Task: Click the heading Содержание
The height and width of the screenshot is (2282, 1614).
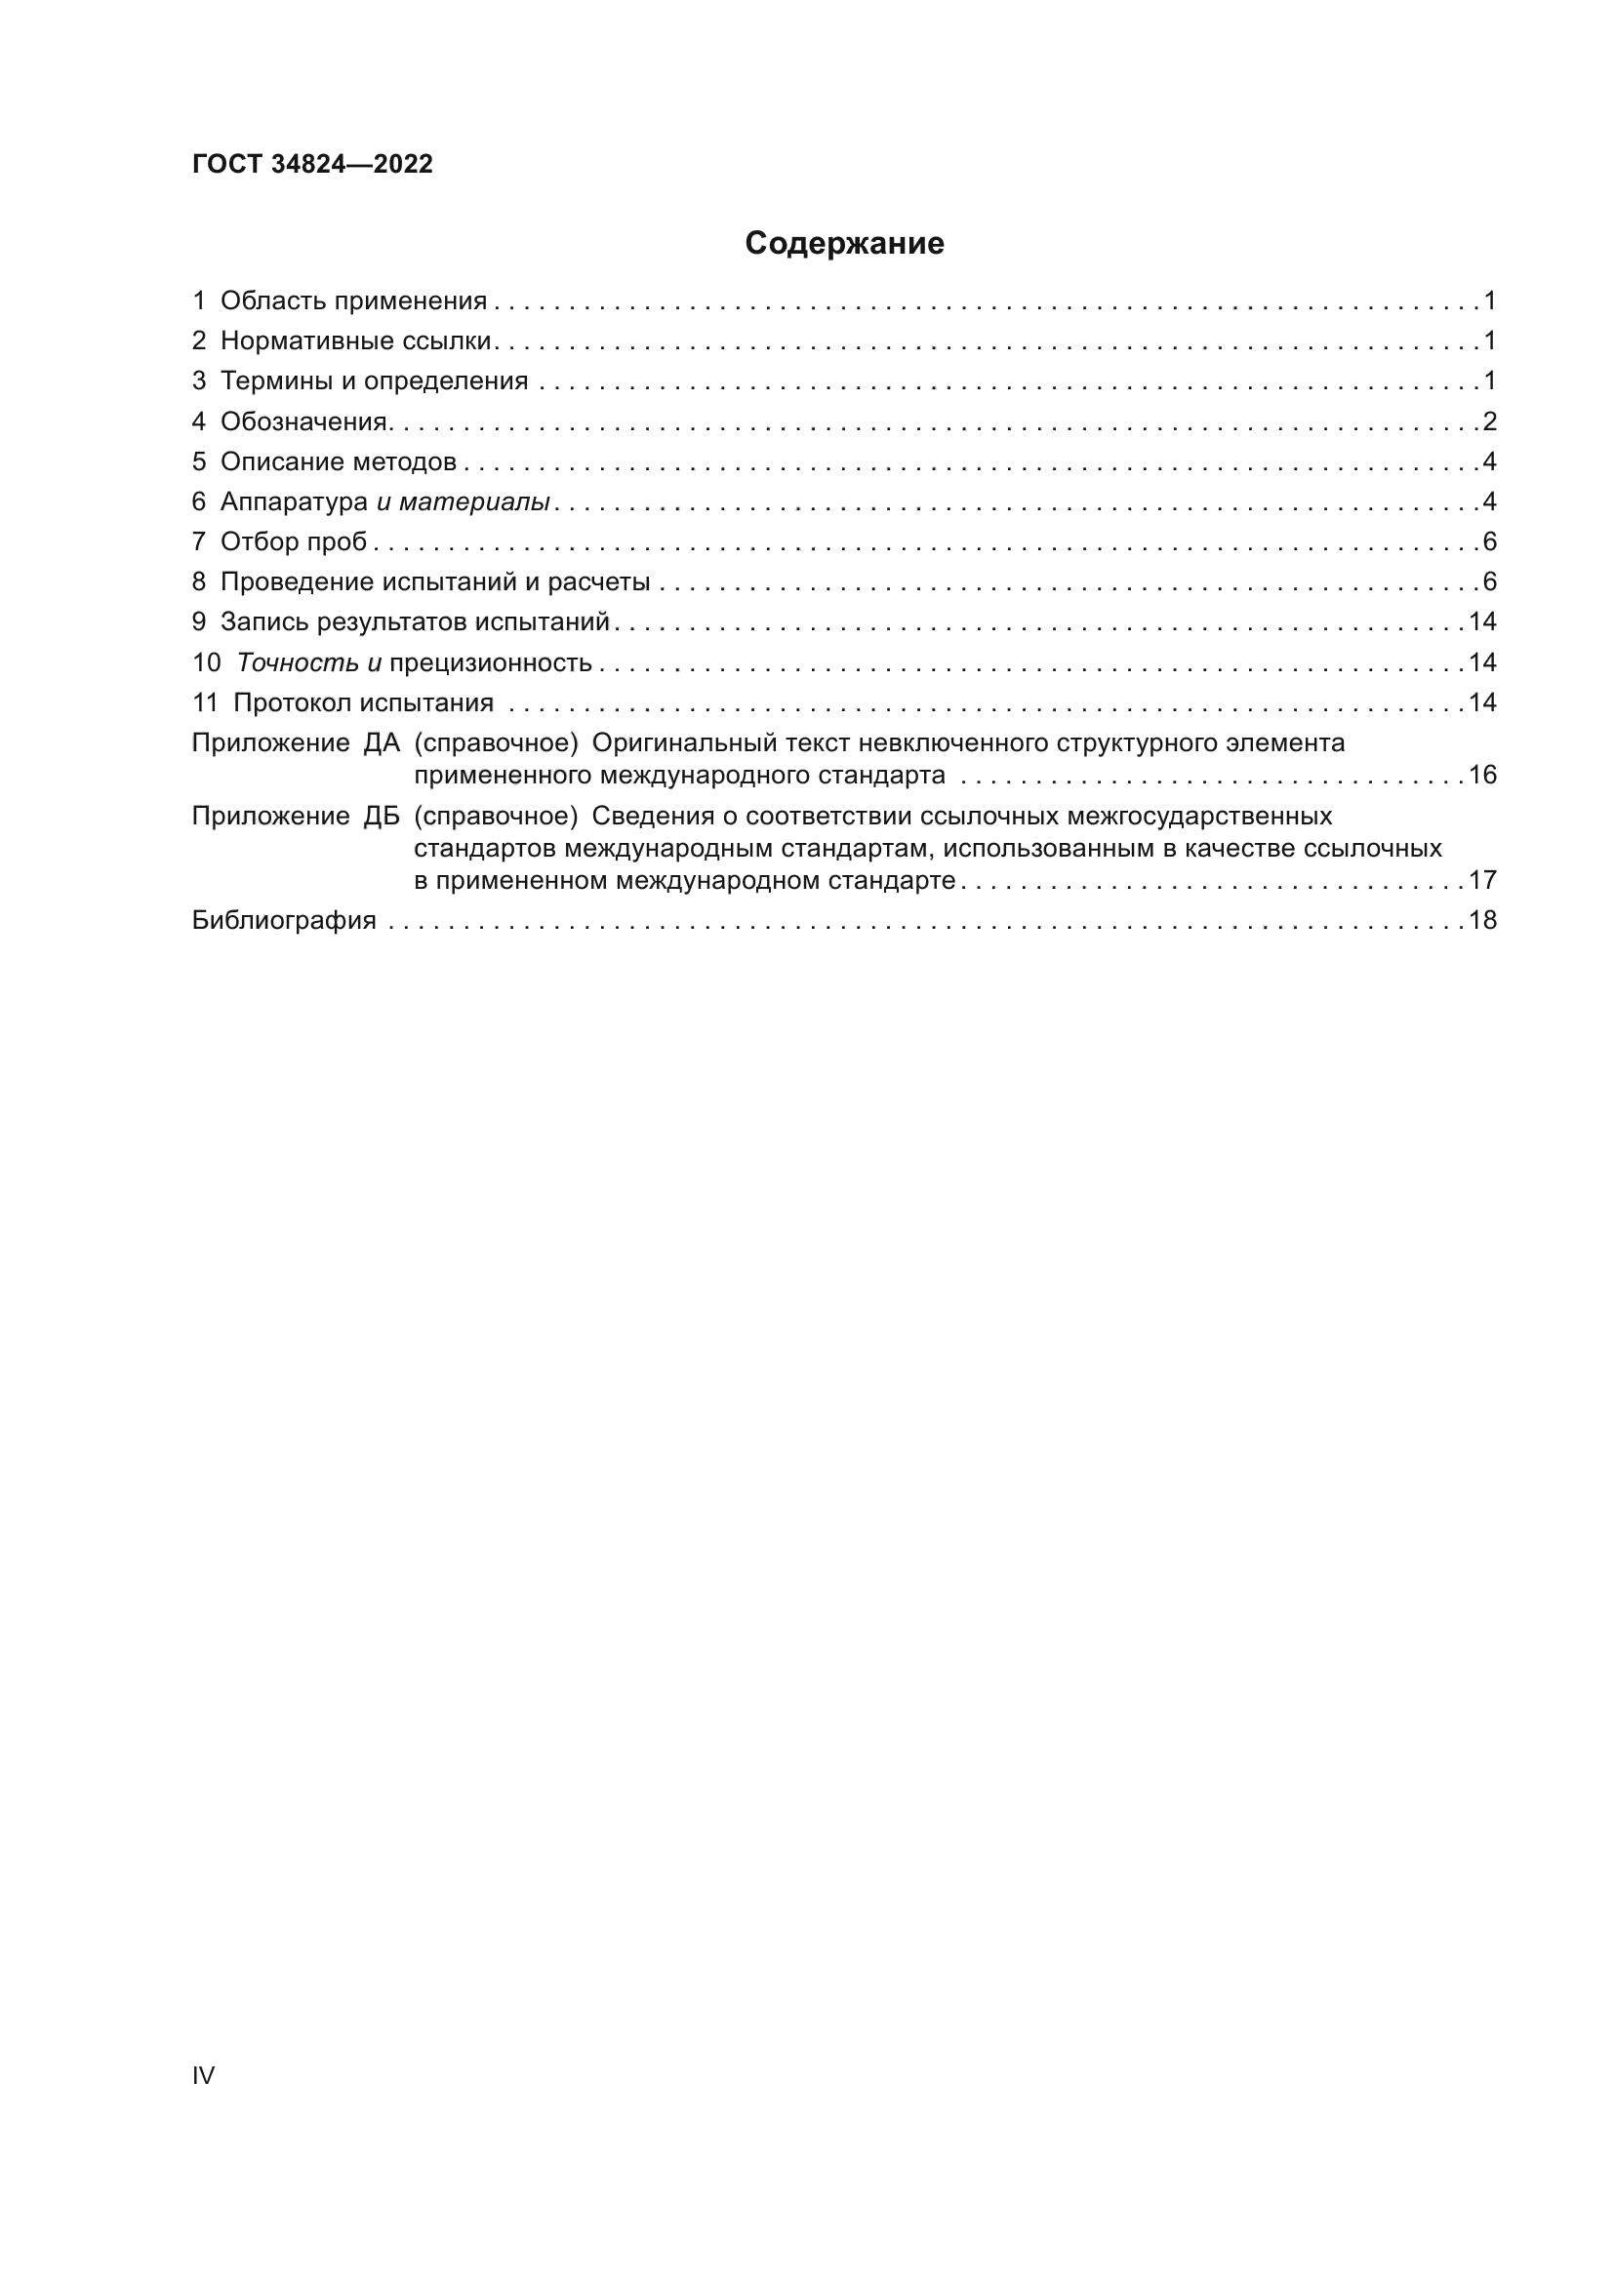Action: pyautogui.click(x=844, y=244)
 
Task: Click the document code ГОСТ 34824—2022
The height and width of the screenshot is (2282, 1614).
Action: pyautogui.click(x=312, y=164)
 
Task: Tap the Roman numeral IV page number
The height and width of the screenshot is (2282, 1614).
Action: pyautogui.click(x=203, y=2074)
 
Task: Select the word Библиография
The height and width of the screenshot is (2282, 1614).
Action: pyautogui.click(x=284, y=920)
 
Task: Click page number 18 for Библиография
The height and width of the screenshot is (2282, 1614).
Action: pyautogui.click(x=1482, y=920)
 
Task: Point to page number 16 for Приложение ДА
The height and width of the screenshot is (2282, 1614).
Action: pyautogui.click(x=1482, y=776)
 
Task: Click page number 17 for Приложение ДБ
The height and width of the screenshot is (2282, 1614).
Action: pyautogui.click(x=1482, y=881)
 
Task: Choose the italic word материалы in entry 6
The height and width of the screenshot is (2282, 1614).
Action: pyautogui.click(x=474, y=502)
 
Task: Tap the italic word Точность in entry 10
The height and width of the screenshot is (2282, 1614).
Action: pyautogui.click(x=298, y=662)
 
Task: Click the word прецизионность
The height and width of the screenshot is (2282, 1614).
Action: pyautogui.click(x=491, y=662)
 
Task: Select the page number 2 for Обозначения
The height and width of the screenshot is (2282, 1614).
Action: pyautogui.click(x=1489, y=422)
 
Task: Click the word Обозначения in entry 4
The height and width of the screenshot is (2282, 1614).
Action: pyautogui.click(x=304, y=422)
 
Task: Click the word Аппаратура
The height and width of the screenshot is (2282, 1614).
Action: pyautogui.click(x=294, y=502)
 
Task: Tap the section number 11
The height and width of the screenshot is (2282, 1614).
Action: pyautogui.click(x=205, y=703)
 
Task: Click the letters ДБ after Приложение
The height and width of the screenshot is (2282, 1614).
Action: pyautogui.click(x=381, y=817)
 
